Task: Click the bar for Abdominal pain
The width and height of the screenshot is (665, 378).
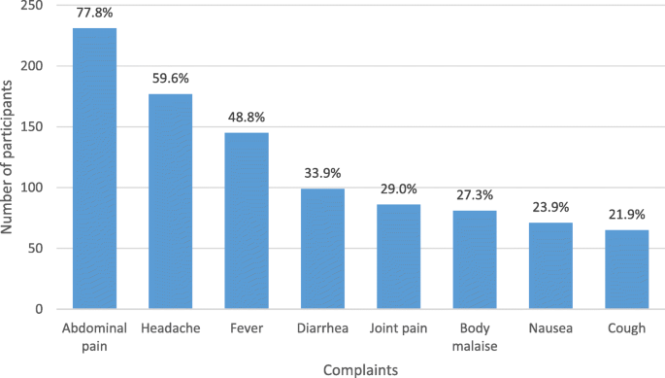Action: coord(94,169)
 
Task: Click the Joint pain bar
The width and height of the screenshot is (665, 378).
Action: coord(398,257)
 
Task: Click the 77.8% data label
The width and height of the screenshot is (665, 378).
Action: coord(94,15)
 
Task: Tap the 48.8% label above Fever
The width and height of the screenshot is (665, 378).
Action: coord(247,118)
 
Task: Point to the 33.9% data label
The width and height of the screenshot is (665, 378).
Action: coord(322,174)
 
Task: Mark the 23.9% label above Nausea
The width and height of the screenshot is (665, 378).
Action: coord(550,208)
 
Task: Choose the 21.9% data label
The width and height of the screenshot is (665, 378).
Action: coord(626,215)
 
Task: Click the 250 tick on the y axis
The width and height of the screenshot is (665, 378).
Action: coord(31,6)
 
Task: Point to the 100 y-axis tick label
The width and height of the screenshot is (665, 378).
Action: coord(31,188)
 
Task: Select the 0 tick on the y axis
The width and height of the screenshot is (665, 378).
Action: coord(39,309)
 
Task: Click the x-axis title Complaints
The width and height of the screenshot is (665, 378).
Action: coord(360,368)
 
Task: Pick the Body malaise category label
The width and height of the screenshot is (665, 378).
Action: coord(475,336)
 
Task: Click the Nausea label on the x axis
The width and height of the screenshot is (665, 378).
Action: coord(550,328)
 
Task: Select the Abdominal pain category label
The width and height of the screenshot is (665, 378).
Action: coord(94,336)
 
